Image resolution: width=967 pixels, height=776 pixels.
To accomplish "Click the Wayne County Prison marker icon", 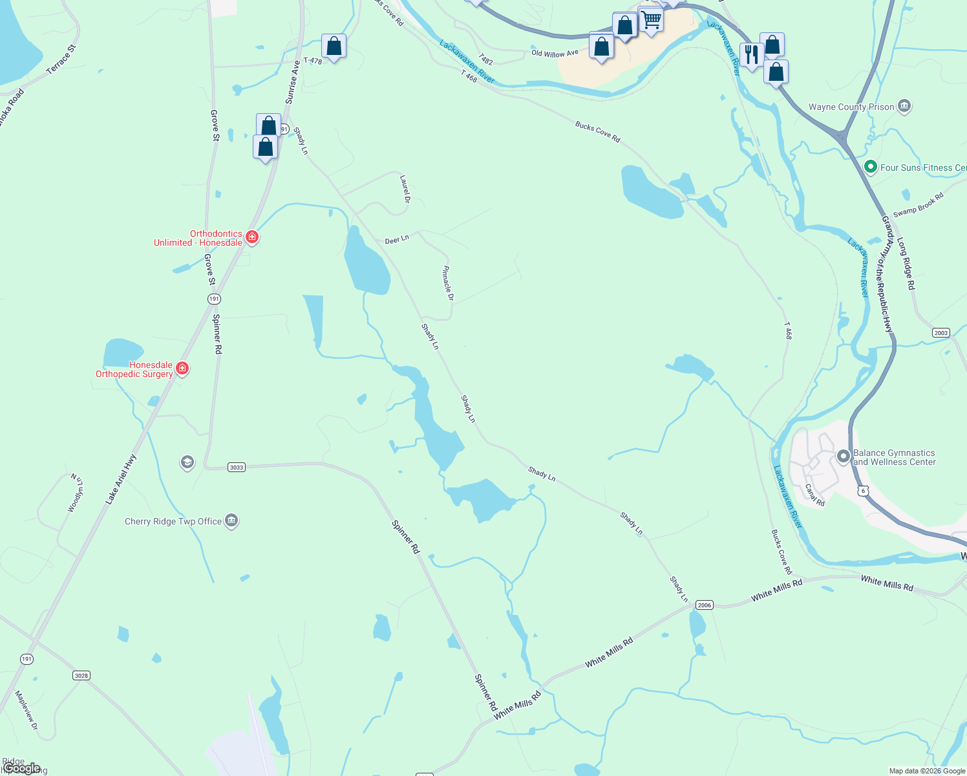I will point(904,107).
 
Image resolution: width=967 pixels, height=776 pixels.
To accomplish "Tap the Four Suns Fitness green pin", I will point(870,167).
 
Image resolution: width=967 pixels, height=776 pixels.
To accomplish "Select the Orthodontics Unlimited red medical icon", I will point(252,237).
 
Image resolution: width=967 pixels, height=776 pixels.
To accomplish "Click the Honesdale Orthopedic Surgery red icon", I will point(182,369).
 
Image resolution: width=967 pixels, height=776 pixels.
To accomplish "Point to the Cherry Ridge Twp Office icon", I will point(231,521).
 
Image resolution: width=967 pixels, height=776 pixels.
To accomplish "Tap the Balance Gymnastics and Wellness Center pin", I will point(843,457).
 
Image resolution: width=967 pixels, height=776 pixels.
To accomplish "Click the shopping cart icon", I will point(651,20).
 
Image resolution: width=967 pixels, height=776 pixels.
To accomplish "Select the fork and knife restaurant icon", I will point(751,54).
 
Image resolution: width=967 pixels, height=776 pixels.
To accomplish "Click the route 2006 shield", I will point(704,605).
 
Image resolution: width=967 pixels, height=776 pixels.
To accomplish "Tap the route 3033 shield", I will point(237,467).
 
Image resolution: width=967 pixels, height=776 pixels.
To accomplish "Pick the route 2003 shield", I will point(940,333).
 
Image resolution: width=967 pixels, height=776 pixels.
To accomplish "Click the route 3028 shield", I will point(81,676).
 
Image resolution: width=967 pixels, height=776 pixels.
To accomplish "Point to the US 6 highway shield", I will point(864,491).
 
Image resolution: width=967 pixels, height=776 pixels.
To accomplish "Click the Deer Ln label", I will point(397,240).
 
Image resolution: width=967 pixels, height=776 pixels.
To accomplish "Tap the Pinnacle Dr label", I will point(448,283).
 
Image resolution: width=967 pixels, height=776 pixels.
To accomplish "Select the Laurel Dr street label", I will point(405,189).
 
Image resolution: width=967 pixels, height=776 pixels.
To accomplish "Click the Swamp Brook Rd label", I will point(918,204).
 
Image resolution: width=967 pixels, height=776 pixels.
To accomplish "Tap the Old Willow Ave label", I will point(555,53).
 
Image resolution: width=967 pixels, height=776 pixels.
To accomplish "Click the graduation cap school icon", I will point(187,462).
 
